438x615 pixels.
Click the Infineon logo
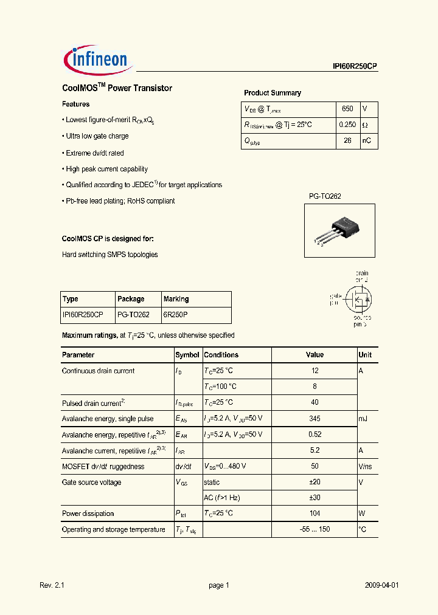(x=96, y=60)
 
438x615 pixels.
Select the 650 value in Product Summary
(x=347, y=109)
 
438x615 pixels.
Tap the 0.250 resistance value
(x=347, y=125)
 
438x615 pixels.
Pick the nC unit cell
(x=366, y=141)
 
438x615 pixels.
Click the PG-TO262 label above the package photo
(x=325, y=196)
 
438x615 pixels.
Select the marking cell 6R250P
(x=176, y=315)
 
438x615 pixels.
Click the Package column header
(x=131, y=299)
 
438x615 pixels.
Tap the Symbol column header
(x=187, y=355)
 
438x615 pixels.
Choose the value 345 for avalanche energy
(x=315, y=419)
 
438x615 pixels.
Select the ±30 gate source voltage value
(x=315, y=498)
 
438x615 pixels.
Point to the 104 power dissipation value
(x=315, y=514)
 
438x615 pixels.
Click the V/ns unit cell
(x=366, y=467)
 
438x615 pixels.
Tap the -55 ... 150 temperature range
(x=315, y=529)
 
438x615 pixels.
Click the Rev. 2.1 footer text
(x=52, y=585)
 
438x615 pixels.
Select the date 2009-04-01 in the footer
(x=382, y=585)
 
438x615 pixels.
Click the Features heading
(x=76, y=105)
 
